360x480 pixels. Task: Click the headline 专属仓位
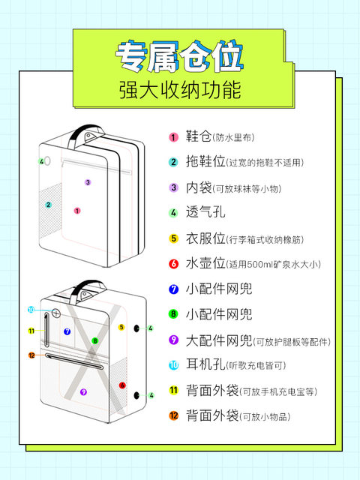pos(180,57)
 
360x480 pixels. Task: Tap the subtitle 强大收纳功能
pos(180,90)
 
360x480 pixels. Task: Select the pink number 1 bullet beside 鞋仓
pos(173,136)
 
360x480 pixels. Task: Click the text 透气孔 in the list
pos(205,211)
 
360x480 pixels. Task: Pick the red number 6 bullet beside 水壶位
pos(173,263)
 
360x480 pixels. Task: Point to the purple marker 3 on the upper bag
pos(88,182)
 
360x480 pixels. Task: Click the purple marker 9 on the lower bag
pos(83,391)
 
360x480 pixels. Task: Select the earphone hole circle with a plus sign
pos(56,313)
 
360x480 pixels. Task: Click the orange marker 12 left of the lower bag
pos(31,355)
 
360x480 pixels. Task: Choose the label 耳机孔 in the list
pos(205,365)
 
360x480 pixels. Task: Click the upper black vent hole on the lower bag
pos(136,328)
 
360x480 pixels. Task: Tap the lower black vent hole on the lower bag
pos(136,395)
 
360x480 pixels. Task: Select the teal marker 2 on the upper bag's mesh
pos(48,205)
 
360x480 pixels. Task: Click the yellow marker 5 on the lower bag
pos(121,327)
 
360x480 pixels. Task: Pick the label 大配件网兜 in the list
pos(219,340)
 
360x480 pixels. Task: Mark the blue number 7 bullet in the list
pos(173,289)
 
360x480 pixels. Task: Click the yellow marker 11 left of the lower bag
pos(31,331)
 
